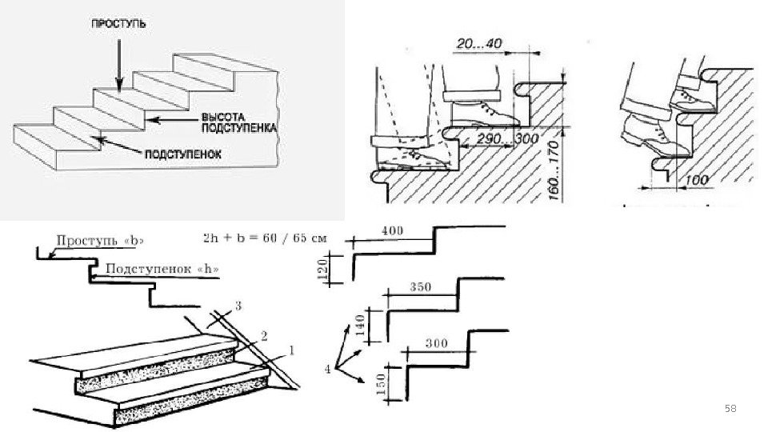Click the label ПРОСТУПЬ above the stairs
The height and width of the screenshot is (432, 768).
(118, 25)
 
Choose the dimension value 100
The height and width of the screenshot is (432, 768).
(698, 179)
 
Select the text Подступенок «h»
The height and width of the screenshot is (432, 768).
(162, 270)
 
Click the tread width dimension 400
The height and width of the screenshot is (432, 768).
(393, 230)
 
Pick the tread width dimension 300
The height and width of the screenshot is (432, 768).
(436, 344)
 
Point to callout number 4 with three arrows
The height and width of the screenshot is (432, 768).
(326, 368)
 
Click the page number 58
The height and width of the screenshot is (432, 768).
(730, 409)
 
